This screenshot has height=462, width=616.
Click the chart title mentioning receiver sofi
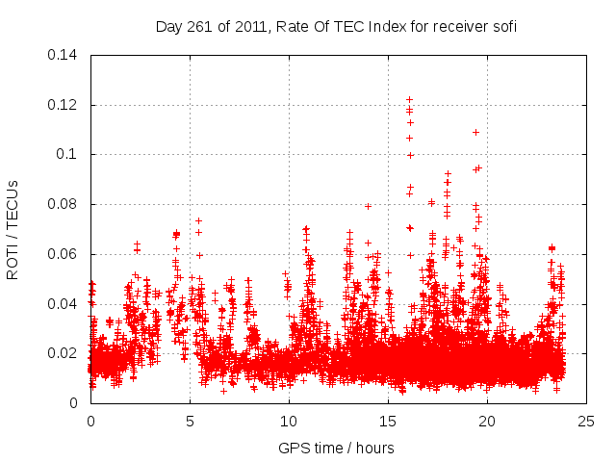click(x=336, y=27)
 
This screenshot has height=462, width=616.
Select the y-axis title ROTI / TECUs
click(x=13, y=228)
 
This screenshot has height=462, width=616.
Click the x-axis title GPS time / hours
click(x=336, y=448)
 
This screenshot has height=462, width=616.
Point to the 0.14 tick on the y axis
click(x=64, y=54)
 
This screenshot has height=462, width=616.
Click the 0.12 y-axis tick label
click(x=64, y=104)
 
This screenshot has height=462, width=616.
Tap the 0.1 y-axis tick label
click(x=69, y=154)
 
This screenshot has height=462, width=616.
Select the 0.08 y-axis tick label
click(x=64, y=204)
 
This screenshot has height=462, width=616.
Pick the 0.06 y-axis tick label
click(x=64, y=254)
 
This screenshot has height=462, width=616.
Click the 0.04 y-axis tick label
click(x=64, y=304)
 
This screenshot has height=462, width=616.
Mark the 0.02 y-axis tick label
click(x=64, y=353)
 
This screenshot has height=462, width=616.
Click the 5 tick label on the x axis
click(x=190, y=422)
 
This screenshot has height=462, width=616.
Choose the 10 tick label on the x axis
click(x=289, y=422)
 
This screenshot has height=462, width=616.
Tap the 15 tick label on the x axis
click(x=388, y=422)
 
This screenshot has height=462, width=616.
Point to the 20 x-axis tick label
click(x=487, y=422)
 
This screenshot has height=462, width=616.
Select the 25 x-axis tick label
click(x=586, y=422)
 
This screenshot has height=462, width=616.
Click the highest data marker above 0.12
click(x=409, y=99)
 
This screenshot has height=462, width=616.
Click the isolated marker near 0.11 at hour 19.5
click(x=475, y=132)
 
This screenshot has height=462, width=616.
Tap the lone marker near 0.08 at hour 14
click(x=368, y=206)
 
